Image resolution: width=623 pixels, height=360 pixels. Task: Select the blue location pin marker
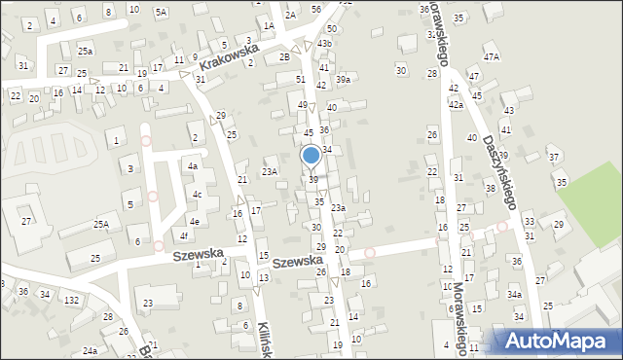coord(311,156)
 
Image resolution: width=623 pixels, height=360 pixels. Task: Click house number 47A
coord(492,57)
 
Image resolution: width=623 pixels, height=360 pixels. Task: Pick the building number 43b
coord(324,44)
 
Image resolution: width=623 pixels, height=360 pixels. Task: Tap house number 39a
coord(343,79)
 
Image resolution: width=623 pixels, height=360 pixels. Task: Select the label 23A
coord(270,171)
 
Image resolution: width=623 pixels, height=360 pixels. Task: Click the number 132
coord(71,300)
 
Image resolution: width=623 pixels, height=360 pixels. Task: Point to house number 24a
coord(90,350)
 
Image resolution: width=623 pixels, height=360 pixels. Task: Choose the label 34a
coord(514,294)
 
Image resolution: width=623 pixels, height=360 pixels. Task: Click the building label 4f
coord(183,235)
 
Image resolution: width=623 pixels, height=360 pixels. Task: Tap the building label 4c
coord(197,195)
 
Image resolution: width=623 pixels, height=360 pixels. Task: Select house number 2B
coord(284,56)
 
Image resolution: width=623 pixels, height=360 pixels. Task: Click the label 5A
coord(161,12)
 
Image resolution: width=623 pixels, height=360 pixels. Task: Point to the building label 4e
coord(195,222)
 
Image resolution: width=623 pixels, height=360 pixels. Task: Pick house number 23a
coord(338,207)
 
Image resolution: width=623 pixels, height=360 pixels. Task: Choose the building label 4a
coord(193,166)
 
